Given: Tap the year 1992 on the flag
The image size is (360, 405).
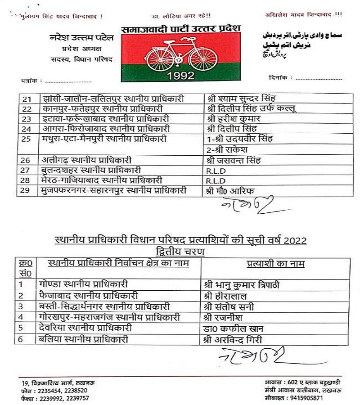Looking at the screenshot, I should (181, 75).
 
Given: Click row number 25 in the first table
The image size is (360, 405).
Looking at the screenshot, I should (26, 139).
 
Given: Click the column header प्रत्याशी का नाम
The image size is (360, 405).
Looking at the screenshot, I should (275, 264).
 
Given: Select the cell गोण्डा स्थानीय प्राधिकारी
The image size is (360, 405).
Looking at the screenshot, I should (84, 284).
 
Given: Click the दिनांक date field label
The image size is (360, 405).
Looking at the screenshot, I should (278, 78).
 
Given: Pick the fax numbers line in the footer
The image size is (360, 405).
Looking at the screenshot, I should (55, 398).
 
